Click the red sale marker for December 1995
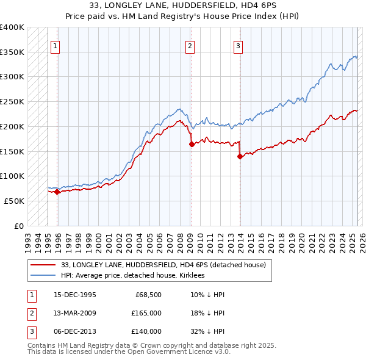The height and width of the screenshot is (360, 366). (57, 192)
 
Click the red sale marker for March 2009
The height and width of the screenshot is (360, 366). (192, 145)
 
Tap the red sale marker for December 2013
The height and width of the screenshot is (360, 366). (240, 156)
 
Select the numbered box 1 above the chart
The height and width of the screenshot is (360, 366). (55, 45)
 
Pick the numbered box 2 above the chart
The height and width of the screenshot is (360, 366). (190, 45)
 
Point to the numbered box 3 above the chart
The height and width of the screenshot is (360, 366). (238, 45)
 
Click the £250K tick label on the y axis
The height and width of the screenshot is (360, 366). (12, 102)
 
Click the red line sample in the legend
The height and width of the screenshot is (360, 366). (43, 265)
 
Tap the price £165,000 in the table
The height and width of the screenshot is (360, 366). (146, 313)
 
